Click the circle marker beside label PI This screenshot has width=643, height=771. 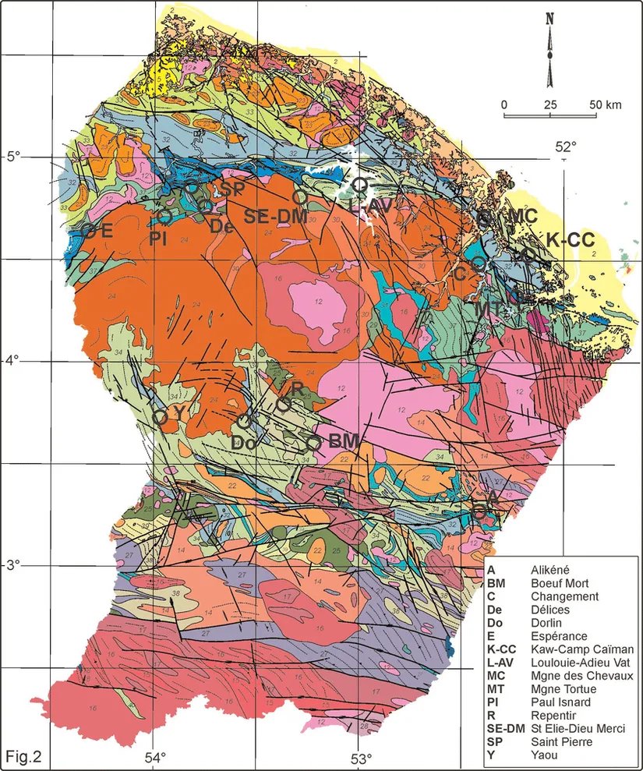point(164,216)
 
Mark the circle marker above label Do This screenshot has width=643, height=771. point(244,421)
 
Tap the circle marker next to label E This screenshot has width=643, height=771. point(89,231)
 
